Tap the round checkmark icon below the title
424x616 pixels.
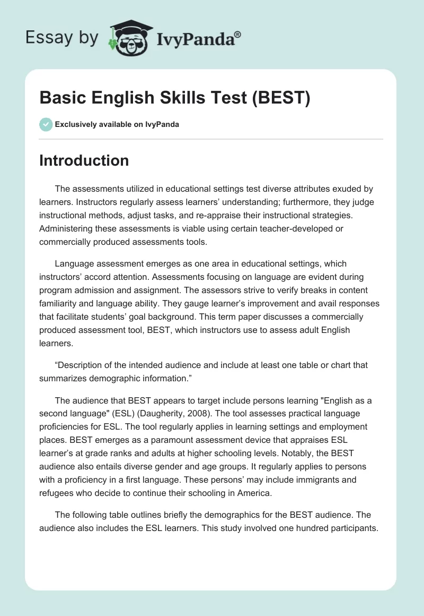coord(46,124)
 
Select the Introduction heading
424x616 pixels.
coord(84,160)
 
